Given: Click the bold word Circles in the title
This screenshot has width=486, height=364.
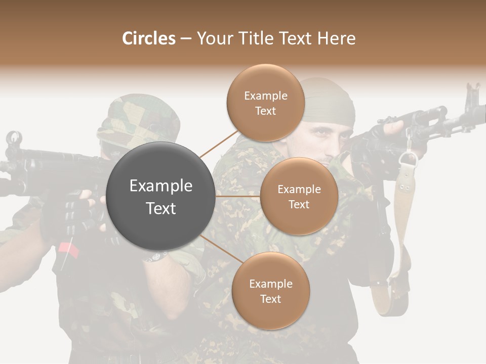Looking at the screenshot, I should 149,38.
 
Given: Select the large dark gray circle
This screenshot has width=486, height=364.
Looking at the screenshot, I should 161,196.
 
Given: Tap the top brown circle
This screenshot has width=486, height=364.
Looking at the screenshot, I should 265,103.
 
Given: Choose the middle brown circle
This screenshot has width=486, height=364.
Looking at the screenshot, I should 299,196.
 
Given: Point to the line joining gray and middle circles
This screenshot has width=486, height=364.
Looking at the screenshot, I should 237,196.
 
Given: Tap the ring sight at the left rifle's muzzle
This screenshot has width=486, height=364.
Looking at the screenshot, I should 14,138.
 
